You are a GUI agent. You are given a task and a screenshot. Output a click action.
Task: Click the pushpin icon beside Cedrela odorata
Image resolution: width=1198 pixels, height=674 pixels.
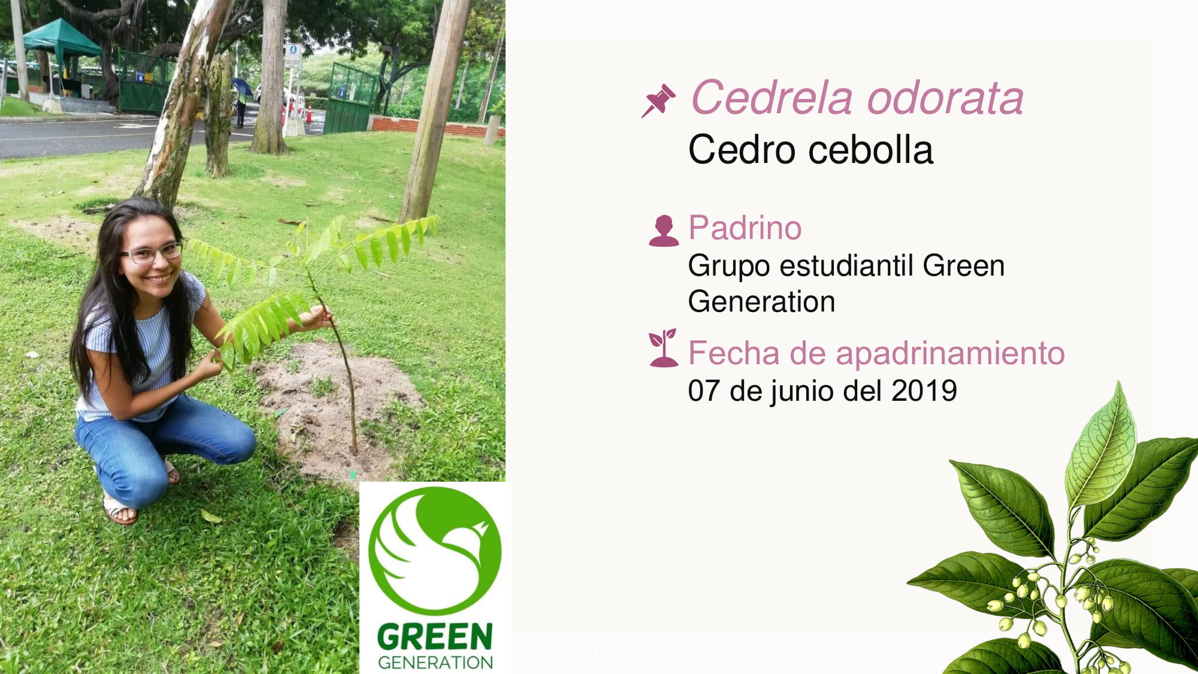coord(658,101)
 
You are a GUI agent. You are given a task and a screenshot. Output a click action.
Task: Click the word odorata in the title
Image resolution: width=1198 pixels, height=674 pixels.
coord(946,97)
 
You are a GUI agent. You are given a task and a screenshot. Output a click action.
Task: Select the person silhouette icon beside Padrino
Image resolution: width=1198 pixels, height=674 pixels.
coord(664,231)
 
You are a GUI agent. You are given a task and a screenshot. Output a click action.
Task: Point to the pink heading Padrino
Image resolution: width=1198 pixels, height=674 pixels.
coord(745,228)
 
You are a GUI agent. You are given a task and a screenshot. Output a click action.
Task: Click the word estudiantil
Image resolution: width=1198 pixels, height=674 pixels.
coord(847,265)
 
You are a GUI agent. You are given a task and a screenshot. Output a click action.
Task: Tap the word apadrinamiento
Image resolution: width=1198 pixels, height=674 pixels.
coord(950,353)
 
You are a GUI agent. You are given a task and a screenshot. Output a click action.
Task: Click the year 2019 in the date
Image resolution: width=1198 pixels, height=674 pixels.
coord(924,391)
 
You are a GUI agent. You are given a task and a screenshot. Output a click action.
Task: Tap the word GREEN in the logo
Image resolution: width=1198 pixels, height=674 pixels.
coord(435,636)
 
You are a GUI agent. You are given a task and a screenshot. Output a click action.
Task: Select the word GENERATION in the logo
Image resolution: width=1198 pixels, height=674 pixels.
coord(435,662)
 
